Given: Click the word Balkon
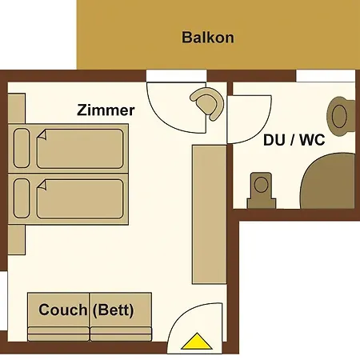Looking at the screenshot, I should [207, 38].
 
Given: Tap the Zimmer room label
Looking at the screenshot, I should [106, 110].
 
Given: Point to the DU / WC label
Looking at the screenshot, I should [294, 140].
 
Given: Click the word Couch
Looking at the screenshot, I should [62, 310].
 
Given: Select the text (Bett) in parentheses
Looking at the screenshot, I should [113, 310].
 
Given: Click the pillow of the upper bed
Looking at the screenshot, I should [22, 148].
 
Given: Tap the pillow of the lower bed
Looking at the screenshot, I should [22, 198].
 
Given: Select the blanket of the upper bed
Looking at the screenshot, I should [80, 148].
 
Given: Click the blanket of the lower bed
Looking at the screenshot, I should [80, 198].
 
